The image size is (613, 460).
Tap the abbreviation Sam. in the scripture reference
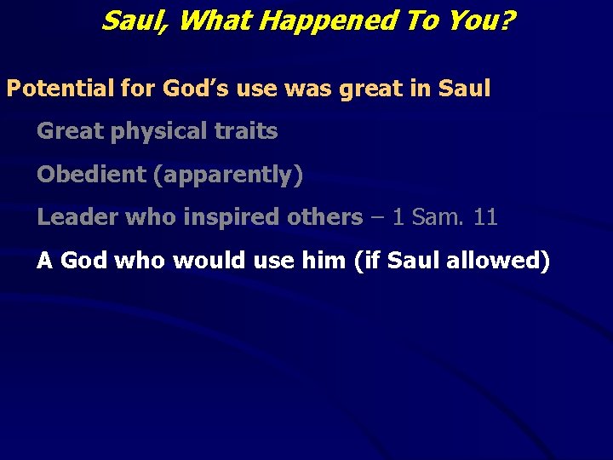point(436,217)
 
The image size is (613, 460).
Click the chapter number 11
point(485,217)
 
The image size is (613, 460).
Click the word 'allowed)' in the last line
point(497,261)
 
